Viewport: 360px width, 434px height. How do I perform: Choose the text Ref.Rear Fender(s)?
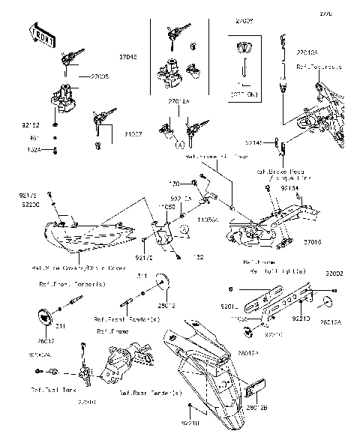150,393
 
